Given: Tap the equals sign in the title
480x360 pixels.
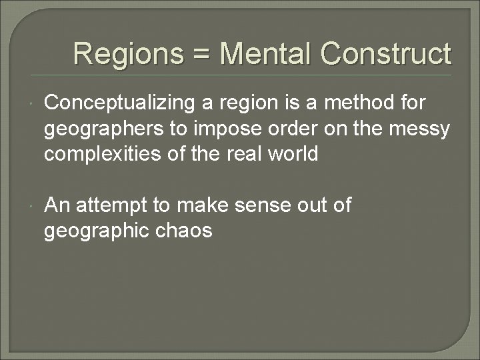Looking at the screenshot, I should (201, 53).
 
